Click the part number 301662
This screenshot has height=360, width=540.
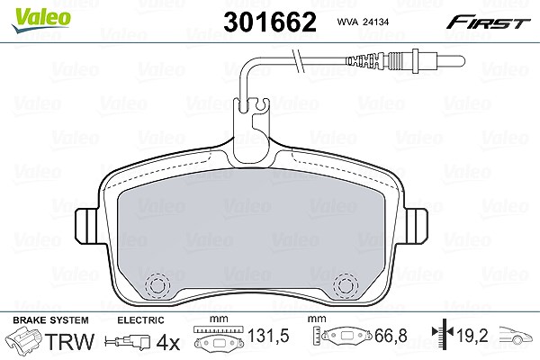[270, 22]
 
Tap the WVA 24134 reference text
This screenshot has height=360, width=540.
[363, 22]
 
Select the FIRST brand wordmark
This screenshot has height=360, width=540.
[488, 22]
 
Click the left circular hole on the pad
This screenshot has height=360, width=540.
[157, 285]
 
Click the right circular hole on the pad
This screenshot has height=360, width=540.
[346, 285]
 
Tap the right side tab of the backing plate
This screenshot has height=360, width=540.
[416, 226]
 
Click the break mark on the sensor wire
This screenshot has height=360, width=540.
[299, 61]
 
